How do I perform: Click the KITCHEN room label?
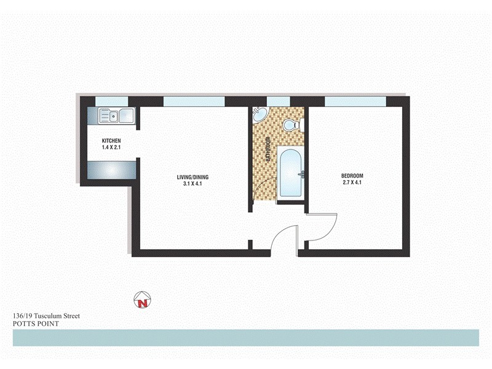(x=111, y=141)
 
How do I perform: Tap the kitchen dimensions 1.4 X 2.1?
(x=111, y=148)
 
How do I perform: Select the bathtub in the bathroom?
(x=291, y=173)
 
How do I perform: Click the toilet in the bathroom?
(x=289, y=125)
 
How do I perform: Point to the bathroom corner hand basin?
(x=260, y=114)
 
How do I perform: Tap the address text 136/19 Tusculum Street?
(x=46, y=316)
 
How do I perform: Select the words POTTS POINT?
(x=36, y=323)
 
